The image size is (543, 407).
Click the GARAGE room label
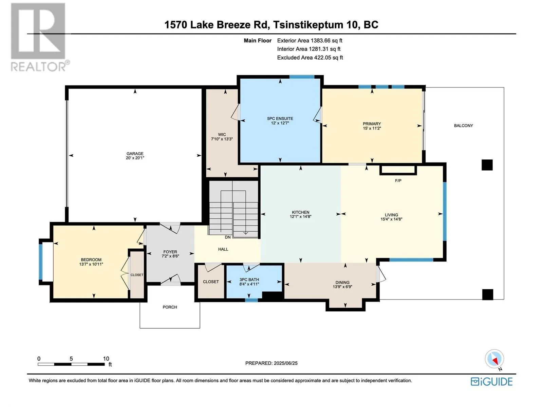point(135,153)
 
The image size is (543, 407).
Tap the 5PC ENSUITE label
point(280,119)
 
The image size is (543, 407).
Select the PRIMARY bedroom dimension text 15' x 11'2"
point(372,128)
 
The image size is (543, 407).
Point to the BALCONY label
point(463,125)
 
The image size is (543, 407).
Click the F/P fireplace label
point(398,181)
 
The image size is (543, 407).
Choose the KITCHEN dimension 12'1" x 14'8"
point(300,216)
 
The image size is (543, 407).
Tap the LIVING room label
point(391,215)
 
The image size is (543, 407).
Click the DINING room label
point(342,282)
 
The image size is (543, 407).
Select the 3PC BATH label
point(249,279)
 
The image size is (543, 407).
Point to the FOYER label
point(170,252)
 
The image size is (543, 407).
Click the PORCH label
point(170,307)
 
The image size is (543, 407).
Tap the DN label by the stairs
point(228,237)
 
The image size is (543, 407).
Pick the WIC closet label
point(222,134)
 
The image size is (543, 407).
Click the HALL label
point(223,249)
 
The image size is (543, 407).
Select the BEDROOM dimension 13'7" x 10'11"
point(91,264)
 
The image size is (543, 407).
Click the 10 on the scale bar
point(106,358)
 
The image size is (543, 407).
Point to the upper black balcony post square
point(487,165)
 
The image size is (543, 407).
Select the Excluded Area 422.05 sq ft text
point(310,58)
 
